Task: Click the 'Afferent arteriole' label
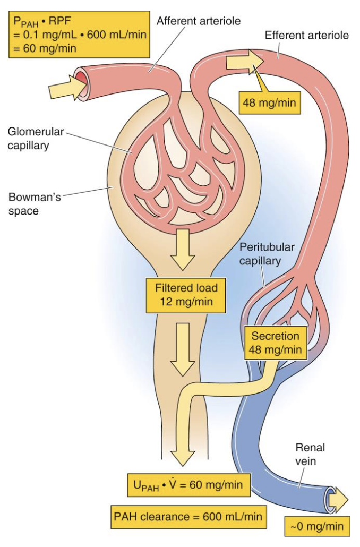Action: coord(199,21)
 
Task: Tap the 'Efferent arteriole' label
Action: coord(306,36)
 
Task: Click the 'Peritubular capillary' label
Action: coord(267,254)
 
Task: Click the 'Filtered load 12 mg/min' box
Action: coord(186,295)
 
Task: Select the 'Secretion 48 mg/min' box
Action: coord(275,343)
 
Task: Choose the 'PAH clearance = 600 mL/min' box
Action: coord(189,516)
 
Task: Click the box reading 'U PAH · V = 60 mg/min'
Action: coord(188,484)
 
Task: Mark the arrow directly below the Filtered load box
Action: coord(183,348)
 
